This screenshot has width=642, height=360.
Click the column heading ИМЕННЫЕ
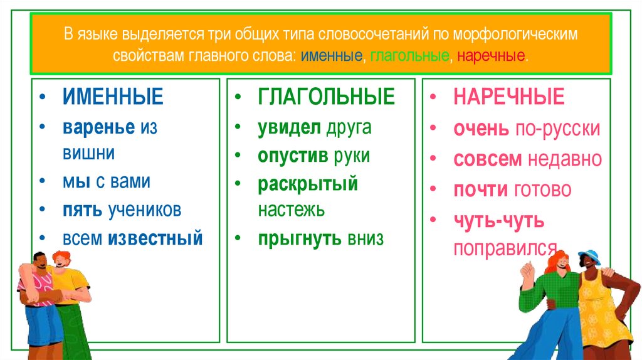coord(113,97)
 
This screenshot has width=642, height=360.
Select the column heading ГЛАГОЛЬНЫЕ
coord(326,97)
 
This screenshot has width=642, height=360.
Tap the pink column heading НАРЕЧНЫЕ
coord(509,97)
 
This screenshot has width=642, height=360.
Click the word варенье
coord(98,128)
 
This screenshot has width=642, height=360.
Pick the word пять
coord(82,209)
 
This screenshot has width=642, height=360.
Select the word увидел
coord(289,128)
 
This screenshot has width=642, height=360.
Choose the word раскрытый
coord(308,184)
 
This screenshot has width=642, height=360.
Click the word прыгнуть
coord(299,238)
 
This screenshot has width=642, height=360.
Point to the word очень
coord(481,129)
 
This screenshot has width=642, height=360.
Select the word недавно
coord(564,159)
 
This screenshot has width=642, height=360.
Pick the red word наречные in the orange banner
coord(492,56)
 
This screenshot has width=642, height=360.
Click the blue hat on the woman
coord(589,256)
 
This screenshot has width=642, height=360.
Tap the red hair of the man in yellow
coord(61,256)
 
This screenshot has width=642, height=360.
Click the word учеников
coord(144,209)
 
